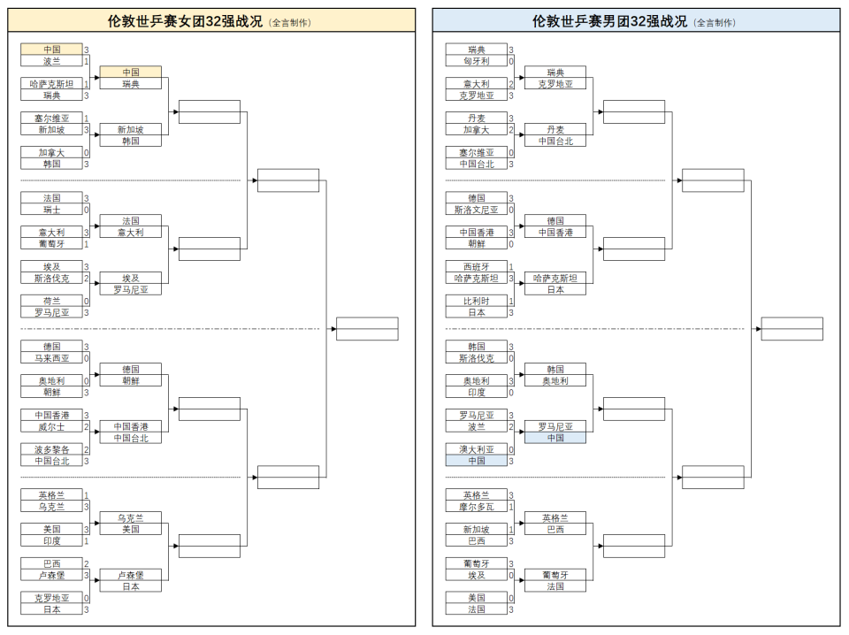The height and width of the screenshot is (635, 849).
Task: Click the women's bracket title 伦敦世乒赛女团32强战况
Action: (x=185, y=21)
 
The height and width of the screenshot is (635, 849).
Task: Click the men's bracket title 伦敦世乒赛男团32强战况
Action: (x=609, y=21)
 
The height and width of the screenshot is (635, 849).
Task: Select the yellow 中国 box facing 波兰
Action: (x=51, y=50)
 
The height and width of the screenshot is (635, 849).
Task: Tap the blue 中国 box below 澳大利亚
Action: (x=477, y=461)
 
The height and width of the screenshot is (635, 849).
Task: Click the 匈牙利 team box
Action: (x=477, y=61)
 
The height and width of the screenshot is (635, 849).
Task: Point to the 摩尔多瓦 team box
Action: (x=477, y=507)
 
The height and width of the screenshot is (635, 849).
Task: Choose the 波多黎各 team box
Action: (x=51, y=449)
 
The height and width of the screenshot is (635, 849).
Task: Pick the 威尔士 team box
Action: (x=51, y=426)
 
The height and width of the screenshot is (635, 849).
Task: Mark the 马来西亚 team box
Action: (x=51, y=358)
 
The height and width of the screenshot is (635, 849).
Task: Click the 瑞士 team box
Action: (x=51, y=210)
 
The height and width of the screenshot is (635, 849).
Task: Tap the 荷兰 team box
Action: (x=51, y=301)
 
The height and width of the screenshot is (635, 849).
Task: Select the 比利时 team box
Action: (x=477, y=301)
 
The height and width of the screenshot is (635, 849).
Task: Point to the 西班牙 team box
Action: (x=477, y=266)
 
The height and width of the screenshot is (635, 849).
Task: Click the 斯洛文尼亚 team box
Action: (x=477, y=210)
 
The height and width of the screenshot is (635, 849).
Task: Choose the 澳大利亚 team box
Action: (x=477, y=449)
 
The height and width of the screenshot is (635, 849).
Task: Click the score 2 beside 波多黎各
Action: (x=86, y=450)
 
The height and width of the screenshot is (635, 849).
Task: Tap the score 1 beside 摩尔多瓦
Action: (x=511, y=508)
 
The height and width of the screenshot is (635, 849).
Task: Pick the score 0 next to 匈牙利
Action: (x=511, y=62)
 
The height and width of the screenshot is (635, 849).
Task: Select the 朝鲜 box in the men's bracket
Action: (x=477, y=243)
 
